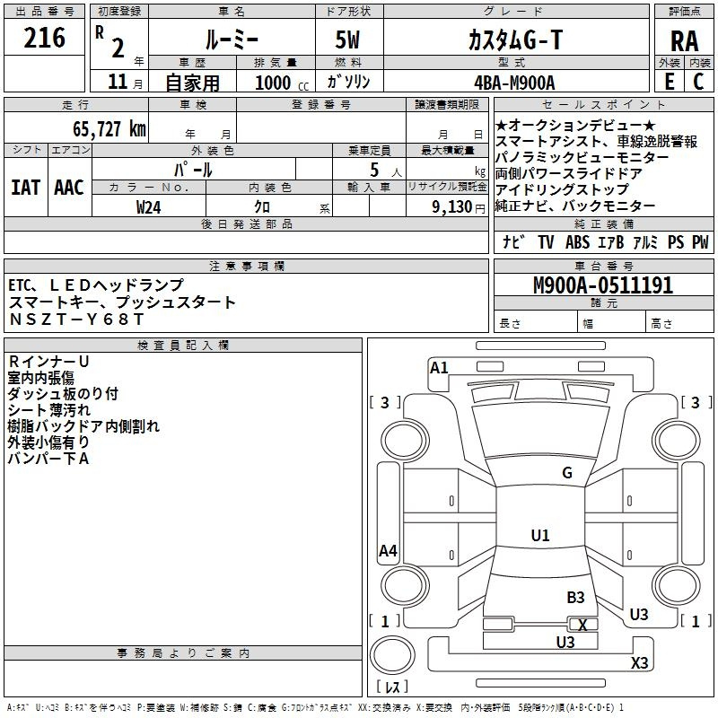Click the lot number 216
(44, 38)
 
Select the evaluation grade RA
(684, 41)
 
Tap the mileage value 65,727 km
(109, 128)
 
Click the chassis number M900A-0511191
(603, 285)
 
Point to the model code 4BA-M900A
(514, 83)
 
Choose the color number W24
(148, 207)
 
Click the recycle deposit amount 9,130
(452, 207)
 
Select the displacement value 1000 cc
(282, 83)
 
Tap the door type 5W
(347, 39)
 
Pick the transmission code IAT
(26, 188)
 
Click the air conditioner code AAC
(69, 188)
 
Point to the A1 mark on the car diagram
(439, 368)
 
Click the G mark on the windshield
(567, 473)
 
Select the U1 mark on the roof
(540, 535)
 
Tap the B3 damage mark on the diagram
(575, 597)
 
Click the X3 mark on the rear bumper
(639, 662)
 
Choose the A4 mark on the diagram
(388, 550)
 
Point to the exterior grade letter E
(669, 82)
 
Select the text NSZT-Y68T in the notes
(76, 319)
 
